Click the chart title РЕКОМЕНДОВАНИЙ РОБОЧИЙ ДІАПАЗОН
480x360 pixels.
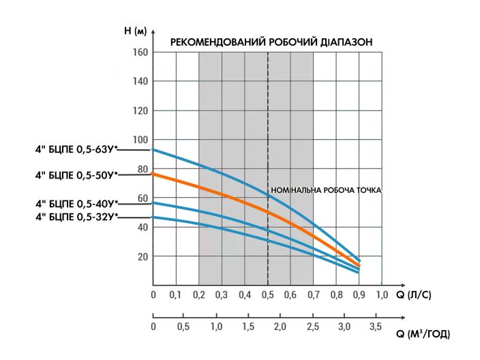pos(271,42)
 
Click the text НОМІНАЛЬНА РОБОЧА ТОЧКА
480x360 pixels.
pos(326,191)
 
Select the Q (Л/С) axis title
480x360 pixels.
pos(414,295)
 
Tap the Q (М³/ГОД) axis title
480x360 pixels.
pos(423,334)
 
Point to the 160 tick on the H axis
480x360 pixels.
pos(140,52)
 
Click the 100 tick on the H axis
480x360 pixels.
pos(140,140)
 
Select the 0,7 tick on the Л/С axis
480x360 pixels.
pos(313,295)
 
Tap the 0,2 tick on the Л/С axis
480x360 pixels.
pos(198,295)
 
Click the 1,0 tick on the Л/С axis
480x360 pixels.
pos(381,295)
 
